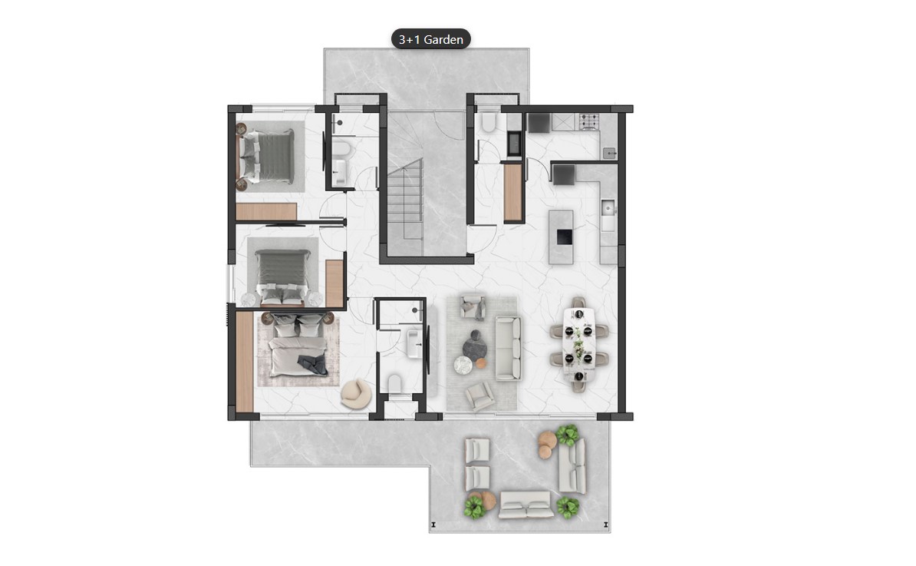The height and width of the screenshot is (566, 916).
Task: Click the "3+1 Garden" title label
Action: [430, 39]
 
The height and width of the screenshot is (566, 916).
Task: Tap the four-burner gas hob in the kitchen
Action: [589, 121]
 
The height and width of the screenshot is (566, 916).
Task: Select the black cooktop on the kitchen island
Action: [565, 237]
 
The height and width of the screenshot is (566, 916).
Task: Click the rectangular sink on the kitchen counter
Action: [608, 207]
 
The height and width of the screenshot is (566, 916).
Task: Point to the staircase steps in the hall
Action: [405, 199]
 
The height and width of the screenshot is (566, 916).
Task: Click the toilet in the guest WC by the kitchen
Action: [488, 122]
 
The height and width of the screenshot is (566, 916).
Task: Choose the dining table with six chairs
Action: [579, 345]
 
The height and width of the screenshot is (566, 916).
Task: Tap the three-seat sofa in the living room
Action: [508, 349]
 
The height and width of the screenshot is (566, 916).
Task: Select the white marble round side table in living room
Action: [463, 366]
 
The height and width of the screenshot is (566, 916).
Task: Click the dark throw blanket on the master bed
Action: [314, 364]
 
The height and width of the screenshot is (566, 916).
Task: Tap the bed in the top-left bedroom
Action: [268, 157]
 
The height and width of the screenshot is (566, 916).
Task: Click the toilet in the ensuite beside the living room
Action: [395, 386]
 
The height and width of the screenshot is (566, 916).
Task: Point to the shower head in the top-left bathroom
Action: [339, 123]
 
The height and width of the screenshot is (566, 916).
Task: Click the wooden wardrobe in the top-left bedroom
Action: [265, 212]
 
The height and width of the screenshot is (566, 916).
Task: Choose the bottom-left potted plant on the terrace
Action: [474, 507]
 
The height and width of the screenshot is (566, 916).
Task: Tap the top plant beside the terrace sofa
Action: [567, 435]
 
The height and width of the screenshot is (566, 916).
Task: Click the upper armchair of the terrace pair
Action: [477, 450]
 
